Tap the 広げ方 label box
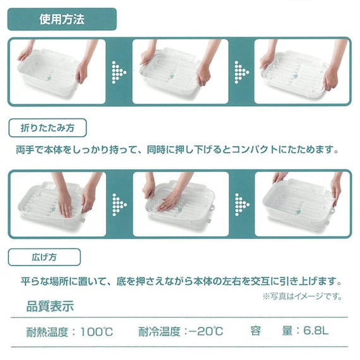tap(44, 257)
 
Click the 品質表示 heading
tap(50, 308)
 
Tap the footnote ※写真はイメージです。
tap(302, 296)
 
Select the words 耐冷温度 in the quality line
tap(162, 331)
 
